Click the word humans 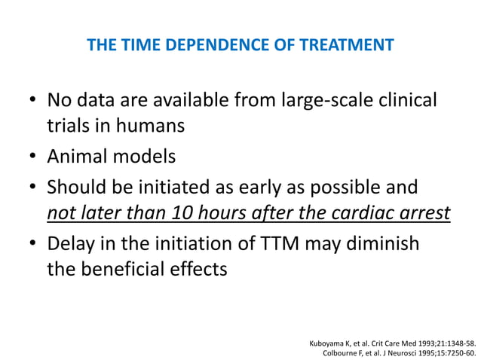(155, 125)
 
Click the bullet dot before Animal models (32, 157)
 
